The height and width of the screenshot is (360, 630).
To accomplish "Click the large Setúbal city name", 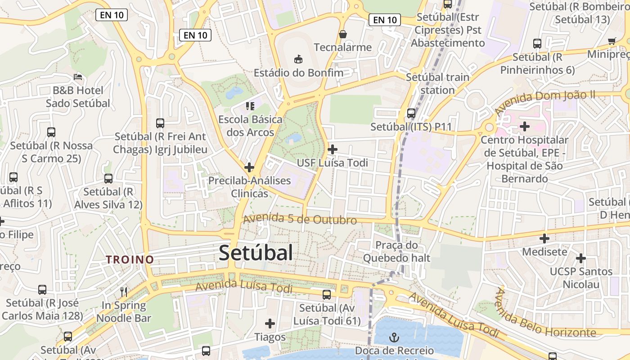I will (x=256, y=253).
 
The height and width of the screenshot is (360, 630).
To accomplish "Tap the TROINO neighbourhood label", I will (x=130, y=260).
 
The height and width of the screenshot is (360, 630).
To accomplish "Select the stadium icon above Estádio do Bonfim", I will (x=298, y=59).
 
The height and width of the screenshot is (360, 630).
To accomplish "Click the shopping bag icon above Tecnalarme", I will (x=343, y=34).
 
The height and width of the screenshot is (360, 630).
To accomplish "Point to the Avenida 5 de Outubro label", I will (x=300, y=220).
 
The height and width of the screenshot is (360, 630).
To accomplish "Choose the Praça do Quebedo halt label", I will (x=396, y=252).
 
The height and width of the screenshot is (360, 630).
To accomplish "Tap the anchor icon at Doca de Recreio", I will (x=394, y=337).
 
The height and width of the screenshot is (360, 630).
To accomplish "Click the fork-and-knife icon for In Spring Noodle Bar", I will (x=124, y=292).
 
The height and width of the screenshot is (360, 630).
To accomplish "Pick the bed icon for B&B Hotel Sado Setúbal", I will (x=78, y=77).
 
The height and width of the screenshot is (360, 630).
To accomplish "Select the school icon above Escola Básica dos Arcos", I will (x=250, y=106).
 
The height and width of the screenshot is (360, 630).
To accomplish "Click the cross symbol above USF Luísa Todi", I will (x=333, y=149).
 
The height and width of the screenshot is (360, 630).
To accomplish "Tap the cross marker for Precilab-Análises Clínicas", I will (x=249, y=167).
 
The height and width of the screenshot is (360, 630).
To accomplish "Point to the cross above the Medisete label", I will (x=544, y=238).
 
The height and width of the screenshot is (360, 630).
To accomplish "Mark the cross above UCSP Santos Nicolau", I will (x=581, y=258).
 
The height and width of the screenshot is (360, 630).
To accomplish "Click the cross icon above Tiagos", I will (x=270, y=324).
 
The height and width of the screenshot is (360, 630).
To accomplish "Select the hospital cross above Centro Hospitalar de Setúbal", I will (x=524, y=126).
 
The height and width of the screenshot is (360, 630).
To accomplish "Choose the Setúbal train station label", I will (x=437, y=84).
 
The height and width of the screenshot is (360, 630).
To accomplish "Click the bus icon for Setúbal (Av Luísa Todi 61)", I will (x=327, y=295).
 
